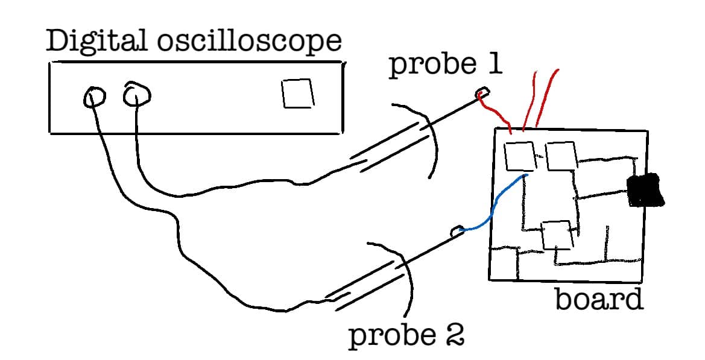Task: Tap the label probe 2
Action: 406,336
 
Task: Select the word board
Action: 598,299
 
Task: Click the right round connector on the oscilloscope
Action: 137,95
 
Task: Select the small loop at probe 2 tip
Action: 457,230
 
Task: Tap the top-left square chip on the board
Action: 520,156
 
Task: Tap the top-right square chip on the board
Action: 561,156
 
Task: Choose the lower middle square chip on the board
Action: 556,235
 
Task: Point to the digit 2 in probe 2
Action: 453,336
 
